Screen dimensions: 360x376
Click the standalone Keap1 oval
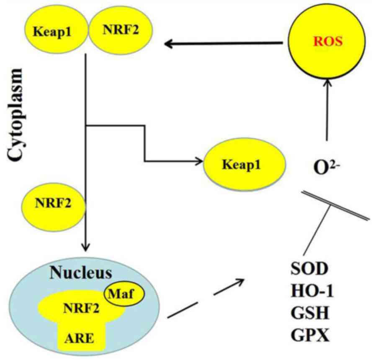(x=244, y=164)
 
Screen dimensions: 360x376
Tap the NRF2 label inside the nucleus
(x=82, y=310)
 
